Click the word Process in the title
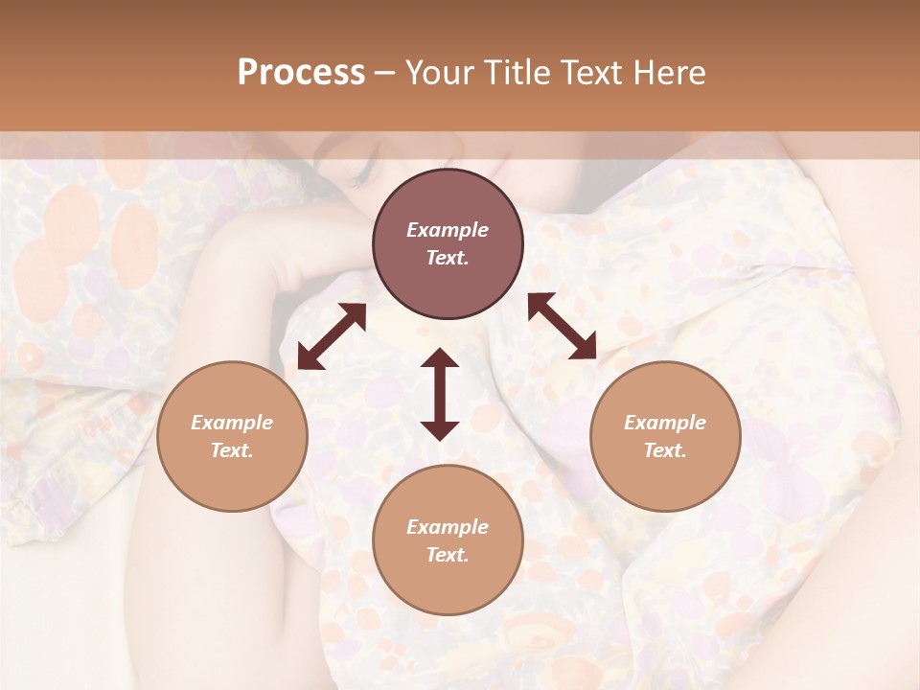tap(301, 72)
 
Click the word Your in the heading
tap(439, 72)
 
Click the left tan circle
tap(232, 436)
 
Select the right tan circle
tap(665, 436)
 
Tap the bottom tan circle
tap(448, 540)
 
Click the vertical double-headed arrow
tap(440, 394)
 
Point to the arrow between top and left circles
tap(332, 336)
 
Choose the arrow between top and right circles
tap(562, 326)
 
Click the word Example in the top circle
tap(448, 230)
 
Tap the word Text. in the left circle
tap(232, 450)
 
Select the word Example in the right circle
tap(665, 423)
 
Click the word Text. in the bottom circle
tap(448, 555)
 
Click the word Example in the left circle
tap(232, 423)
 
